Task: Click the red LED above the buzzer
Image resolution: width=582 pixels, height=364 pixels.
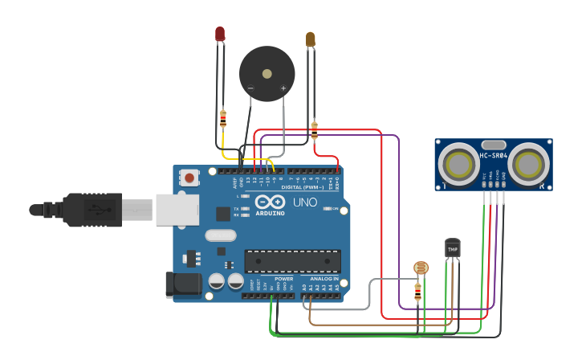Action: tap(220, 34)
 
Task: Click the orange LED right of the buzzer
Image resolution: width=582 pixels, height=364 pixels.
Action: tap(311, 39)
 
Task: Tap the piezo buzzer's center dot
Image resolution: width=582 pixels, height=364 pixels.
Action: tap(267, 72)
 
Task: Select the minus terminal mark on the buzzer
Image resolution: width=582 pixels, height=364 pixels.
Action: tap(250, 88)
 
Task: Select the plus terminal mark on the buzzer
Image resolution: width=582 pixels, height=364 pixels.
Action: tap(283, 88)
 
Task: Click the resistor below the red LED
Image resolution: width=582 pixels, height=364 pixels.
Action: tap(223, 120)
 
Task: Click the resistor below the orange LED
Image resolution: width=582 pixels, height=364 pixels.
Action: tap(314, 129)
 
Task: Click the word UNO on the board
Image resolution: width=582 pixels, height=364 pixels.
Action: tap(304, 202)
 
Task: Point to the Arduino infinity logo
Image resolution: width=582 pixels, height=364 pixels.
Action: tap(271, 202)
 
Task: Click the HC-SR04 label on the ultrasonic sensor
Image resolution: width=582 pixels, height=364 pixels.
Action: tap(493, 155)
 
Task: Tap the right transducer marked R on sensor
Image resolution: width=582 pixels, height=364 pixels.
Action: tap(527, 164)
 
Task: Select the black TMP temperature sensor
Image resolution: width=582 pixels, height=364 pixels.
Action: tap(453, 248)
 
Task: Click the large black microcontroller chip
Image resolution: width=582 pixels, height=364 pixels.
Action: tap(292, 261)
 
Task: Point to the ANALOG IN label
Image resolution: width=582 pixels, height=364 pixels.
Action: tap(324, 279)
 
